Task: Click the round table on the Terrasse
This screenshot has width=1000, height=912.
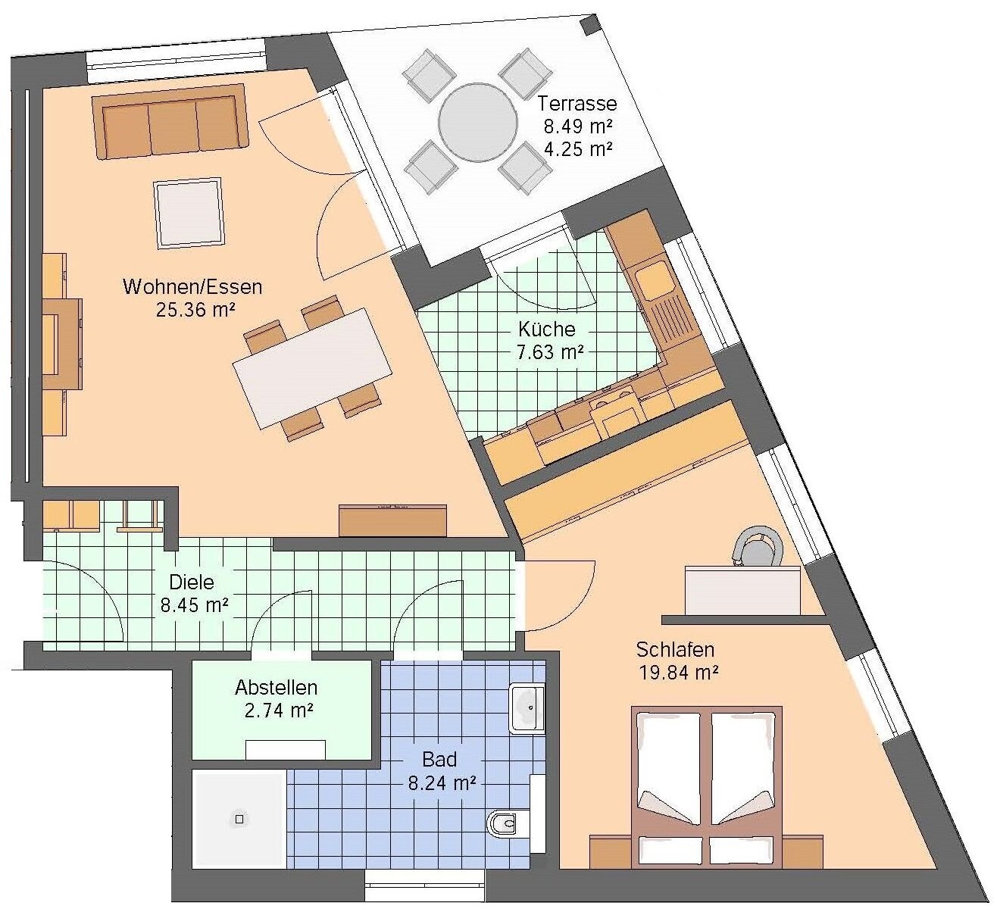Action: (477, 122)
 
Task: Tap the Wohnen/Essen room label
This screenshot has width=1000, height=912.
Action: (192, 287)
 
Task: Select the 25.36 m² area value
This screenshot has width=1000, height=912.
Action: (195, 310)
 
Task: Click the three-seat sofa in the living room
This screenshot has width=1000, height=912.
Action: (170, 122)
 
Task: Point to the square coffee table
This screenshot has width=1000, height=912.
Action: (189, 214)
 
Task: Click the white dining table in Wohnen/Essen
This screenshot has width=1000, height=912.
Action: (312, 368)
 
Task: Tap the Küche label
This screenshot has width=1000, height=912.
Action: (547, 329)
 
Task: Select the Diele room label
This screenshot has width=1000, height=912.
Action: (192, 582)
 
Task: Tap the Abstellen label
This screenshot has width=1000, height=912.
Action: (277, 688)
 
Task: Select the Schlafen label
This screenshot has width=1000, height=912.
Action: (675, 650)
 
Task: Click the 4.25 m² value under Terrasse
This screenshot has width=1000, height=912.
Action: (578, 149)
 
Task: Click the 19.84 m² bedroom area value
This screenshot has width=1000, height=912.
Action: (678, 673)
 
